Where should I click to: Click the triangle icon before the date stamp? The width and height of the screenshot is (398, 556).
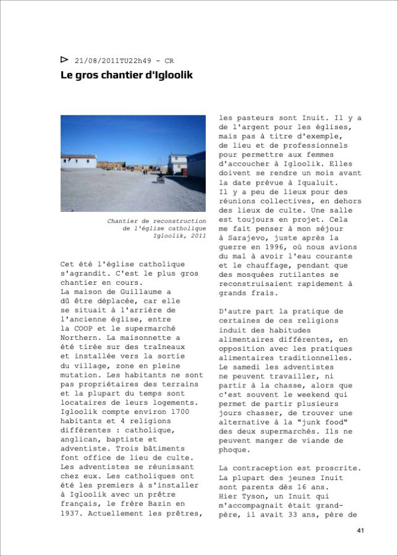point(64,59)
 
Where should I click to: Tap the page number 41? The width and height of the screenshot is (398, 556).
point(360,531)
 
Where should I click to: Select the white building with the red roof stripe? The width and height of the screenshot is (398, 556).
point(78,161)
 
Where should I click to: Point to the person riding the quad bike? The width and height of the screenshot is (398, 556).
point(159,177)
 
